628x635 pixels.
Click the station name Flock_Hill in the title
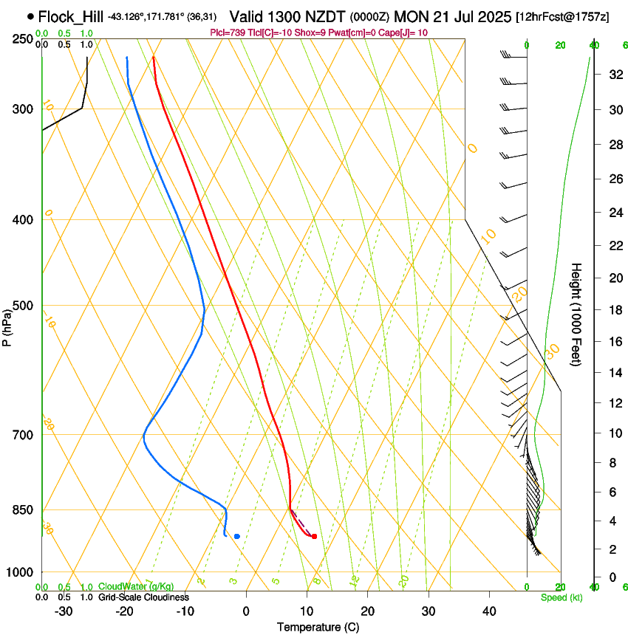coord(71,16)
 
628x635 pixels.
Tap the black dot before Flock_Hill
coord(30,16)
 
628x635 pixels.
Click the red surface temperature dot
coord(315,536)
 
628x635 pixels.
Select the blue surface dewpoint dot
coord(236,536)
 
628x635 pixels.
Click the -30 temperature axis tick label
coord(64,611)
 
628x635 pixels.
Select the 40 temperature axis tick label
coord(488,611)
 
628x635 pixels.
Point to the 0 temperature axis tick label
coord(246,611)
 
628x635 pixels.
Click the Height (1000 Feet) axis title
coord(576,314)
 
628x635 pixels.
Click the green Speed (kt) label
coord(561,597)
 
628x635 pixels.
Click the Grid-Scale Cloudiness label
coord(143,597)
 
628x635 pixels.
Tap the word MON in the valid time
coord(410,16)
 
